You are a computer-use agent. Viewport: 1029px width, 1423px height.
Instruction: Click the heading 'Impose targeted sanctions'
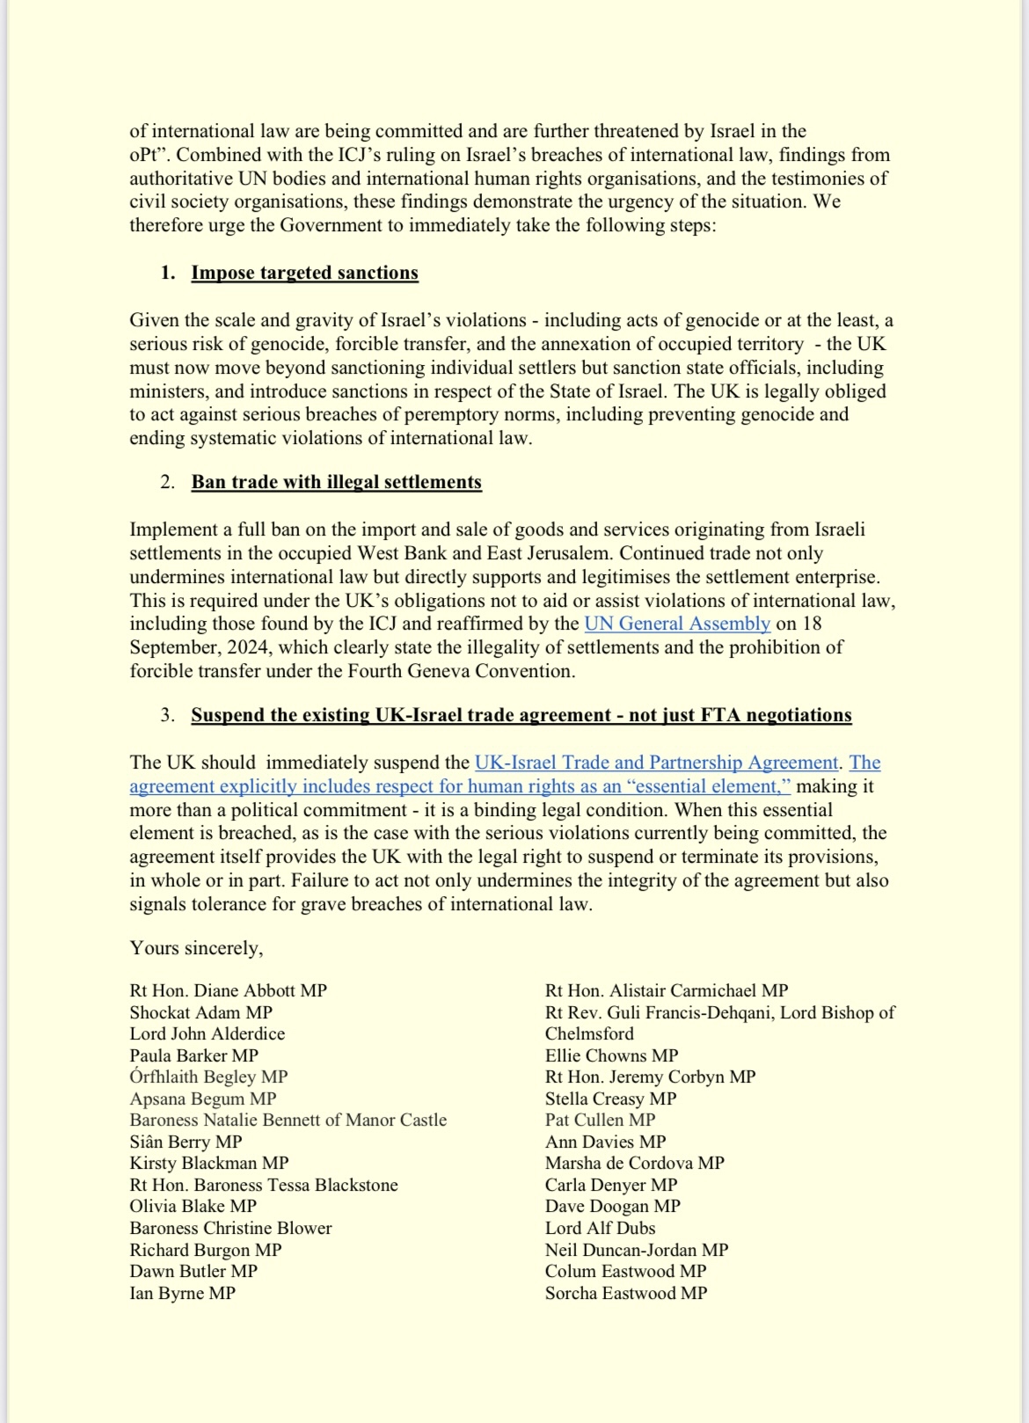coord(304,273)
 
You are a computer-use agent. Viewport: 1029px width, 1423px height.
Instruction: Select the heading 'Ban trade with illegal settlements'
coord(336,482)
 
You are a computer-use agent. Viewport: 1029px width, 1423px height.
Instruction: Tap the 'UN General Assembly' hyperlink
coord(677,624)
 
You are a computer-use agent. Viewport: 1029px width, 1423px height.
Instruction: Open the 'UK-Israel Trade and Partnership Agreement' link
coord(656,763)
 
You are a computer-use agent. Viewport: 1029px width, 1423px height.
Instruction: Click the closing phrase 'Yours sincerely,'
coord(196,948)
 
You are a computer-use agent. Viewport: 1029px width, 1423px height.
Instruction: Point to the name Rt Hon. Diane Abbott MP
coord(228,990)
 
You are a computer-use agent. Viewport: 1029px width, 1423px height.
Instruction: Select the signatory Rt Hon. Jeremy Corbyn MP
coord(650,1076)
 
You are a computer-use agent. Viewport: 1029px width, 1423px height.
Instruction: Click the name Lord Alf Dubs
coord(600,1228)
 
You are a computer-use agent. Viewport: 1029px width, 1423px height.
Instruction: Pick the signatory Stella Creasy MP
coord(610,1098)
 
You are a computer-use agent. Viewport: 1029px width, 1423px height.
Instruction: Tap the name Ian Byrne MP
coord(182,1293)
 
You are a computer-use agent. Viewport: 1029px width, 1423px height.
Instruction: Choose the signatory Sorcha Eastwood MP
coord(625,1293)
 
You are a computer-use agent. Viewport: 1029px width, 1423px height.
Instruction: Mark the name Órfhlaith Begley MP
coord(208,1076)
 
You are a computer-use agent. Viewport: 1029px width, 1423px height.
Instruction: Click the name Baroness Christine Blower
coord(230,1228)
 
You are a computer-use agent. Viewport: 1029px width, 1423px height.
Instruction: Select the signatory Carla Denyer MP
coord(611,1185)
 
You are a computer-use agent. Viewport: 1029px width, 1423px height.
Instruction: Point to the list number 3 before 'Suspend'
coord(167,715)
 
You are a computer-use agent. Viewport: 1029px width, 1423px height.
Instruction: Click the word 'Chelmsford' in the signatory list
coord(589,1033)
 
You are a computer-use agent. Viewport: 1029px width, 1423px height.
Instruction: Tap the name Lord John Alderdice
coord(207,1033)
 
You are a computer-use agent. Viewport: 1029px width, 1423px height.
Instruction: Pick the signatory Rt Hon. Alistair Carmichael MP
coord(666,990)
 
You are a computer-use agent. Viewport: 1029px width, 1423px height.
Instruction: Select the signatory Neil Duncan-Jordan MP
coord(636,1250)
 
